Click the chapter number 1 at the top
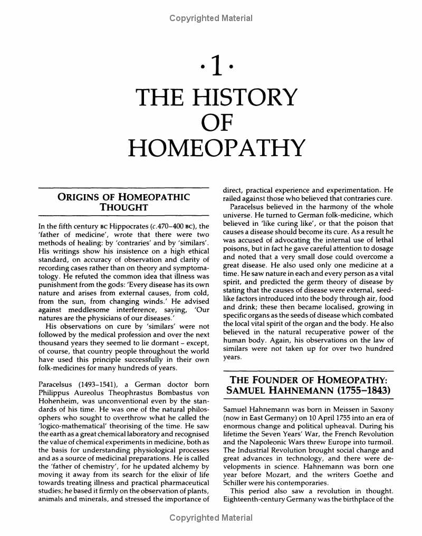tap(211, 68)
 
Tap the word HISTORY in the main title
tap(246, 97)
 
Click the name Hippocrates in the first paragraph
tap(108, 227)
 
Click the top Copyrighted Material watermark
tap(211, 18)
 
